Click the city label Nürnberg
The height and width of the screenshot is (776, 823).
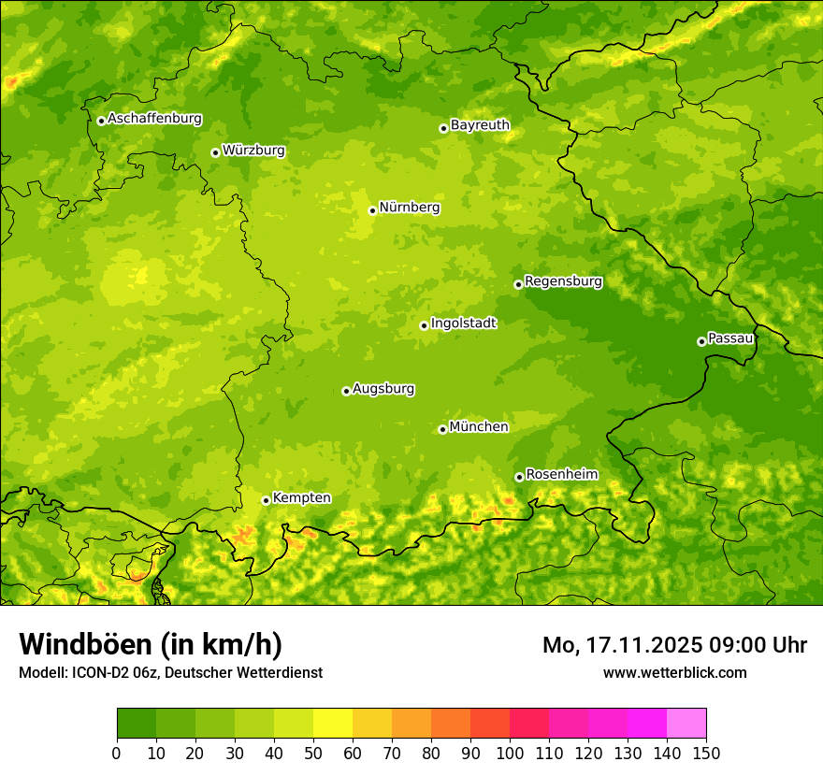click(x=409, y=208)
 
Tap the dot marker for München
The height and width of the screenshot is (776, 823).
click(x=442, y=429)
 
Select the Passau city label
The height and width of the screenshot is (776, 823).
click(x=730, y=338)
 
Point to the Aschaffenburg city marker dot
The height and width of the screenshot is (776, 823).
click(x=101, y=121)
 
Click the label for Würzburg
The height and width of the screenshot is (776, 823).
click(x=253, y=151)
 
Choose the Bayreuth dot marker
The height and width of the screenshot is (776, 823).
click(x=443, y=128)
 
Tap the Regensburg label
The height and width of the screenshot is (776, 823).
click(x=563, y=281)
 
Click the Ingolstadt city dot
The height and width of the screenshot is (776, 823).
click(x=424, y=325)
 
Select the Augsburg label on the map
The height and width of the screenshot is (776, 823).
click(x=383, y=389)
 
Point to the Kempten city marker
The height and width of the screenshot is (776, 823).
click(x=266, y=500)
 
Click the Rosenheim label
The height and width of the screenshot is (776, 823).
click(x=561, y=475)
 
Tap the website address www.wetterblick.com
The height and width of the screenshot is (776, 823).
click(x=674, y=672)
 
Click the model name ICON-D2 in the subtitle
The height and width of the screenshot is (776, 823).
click(x=102, y=672)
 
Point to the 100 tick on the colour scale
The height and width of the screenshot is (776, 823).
click(x=510, y=753)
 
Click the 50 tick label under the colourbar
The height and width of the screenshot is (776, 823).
click(x=313, y=753)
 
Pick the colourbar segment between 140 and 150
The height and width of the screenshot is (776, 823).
click(x=686, y=724)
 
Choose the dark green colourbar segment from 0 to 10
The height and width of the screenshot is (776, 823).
click(x=137, y=724)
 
